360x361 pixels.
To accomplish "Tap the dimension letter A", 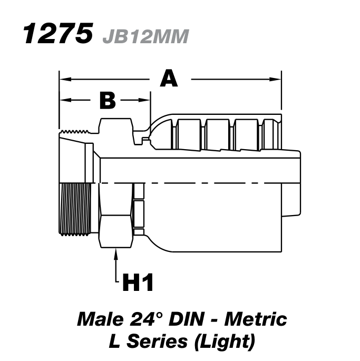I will (169, 79).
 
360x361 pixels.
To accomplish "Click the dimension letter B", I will (107, 100).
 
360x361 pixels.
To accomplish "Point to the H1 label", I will (138, 283).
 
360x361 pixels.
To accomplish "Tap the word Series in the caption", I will (157, 342).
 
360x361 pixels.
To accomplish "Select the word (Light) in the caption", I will (223, 342).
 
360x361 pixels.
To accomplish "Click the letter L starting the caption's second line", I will (114, 342).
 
